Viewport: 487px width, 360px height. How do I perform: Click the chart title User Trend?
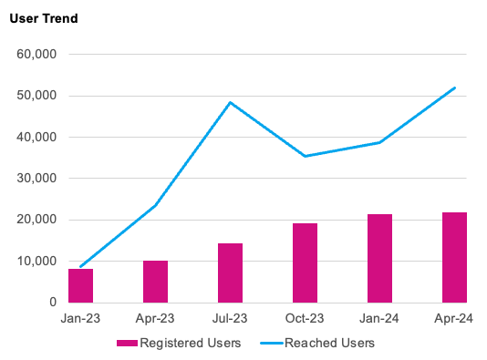pos(44,19)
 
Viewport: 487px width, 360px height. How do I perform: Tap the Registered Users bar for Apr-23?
pos(155,282)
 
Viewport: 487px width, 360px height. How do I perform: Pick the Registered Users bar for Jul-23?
pos(230,273)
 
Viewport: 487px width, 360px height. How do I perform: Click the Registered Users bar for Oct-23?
pos(305,262)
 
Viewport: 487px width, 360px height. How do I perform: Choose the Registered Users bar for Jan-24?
pos(379,258)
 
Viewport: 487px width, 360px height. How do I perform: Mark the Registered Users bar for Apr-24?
pos(454,257)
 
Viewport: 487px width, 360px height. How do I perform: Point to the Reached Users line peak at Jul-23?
pos(230,102)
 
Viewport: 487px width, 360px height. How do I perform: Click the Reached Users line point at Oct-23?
pos(305,156)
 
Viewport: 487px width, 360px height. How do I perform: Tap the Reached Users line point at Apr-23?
pos(155,205)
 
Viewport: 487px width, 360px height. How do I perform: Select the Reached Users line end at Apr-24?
pos(454,87)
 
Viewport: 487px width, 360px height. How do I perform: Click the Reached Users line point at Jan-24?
pos(379,142)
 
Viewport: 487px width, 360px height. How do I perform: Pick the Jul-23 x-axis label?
pos(230,319)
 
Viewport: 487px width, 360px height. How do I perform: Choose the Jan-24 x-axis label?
pos(379,319)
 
